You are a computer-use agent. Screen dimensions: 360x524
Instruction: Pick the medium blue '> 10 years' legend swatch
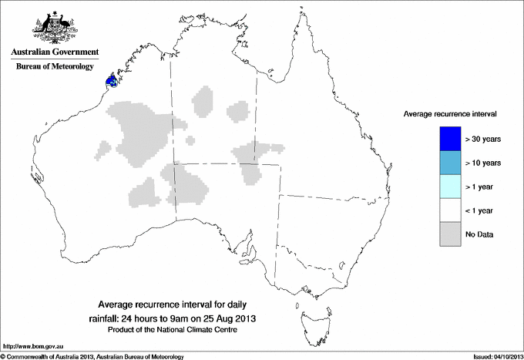pyautogui.click(x=450, y=163)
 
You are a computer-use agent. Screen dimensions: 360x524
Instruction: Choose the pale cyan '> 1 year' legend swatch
pyautogui.click(x=450, y=187)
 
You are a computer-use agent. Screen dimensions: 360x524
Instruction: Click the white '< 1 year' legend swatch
pyautogui.click(x=450, y=210)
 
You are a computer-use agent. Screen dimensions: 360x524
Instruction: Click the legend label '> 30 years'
pyautogui.click(x=483, y=140)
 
